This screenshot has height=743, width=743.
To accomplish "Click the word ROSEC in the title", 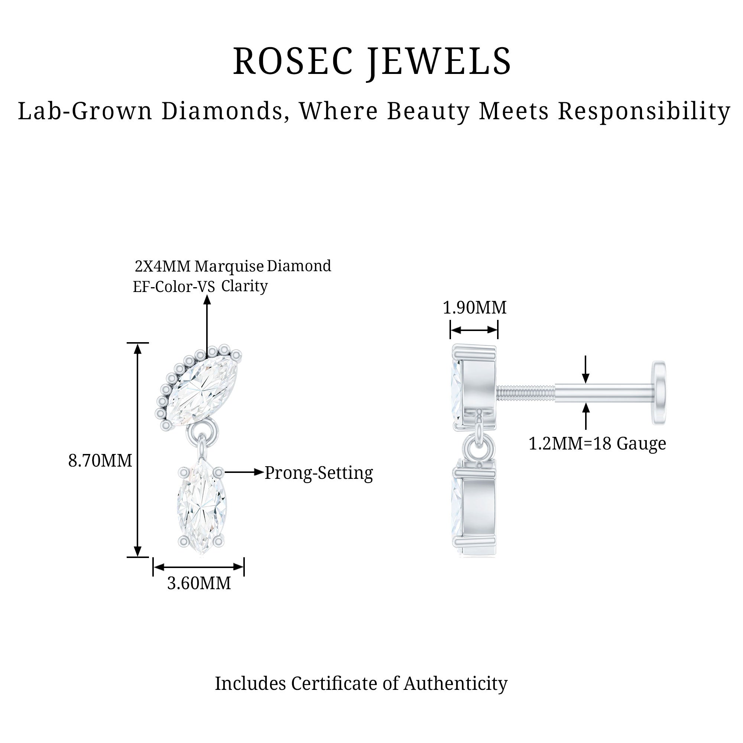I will point(293,62).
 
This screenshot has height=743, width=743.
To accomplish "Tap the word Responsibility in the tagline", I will point(644,111).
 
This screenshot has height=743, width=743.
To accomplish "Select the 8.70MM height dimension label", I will point(100,461).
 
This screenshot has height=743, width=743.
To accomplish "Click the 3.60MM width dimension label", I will point(199,583).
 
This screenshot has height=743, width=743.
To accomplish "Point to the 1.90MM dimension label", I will point(474,308).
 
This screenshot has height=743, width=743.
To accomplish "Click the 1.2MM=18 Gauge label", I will point(597,444).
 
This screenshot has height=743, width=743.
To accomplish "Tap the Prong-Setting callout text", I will point(319,473).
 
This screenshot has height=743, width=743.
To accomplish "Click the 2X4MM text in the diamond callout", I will point(162,266).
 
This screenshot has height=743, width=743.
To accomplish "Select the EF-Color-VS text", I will point(174,287).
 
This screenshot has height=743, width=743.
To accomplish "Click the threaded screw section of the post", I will point(525,393).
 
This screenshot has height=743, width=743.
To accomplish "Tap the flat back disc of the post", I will point(659,393).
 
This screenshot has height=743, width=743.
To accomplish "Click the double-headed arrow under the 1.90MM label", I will point(474,330).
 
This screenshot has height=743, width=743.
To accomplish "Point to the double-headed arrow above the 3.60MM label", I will point(198,567).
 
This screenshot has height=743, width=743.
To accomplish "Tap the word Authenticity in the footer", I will point(455,694).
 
